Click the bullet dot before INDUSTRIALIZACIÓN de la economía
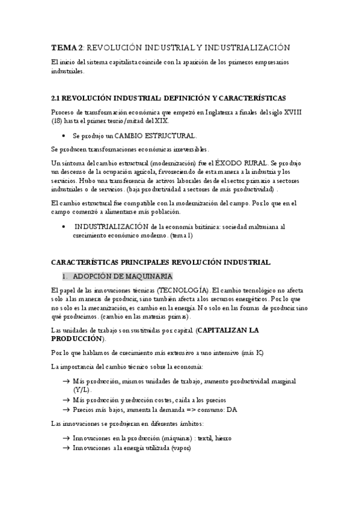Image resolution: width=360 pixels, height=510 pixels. [64, 226]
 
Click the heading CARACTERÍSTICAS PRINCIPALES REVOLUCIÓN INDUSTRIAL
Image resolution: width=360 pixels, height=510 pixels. [160, 262]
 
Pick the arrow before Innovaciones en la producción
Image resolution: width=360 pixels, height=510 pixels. [65, 438]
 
